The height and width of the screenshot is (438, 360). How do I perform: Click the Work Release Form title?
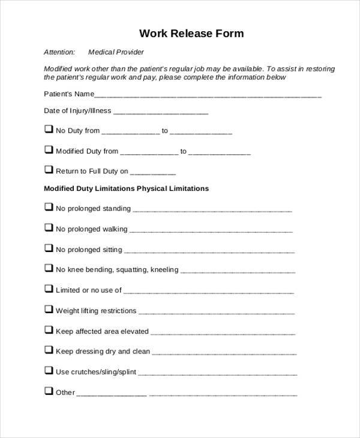pyautogui.click(x=192, y=33)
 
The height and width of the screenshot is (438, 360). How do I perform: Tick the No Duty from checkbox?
pyautogui.click(x=48, y=129)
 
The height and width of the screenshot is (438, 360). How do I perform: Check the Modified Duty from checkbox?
pyautogui.click(x=48, y=150)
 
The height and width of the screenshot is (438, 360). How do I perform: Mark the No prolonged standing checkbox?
pyautogui.click(x=48, y=207)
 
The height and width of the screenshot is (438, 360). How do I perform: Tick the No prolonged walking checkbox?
pyautogui.click(x=48, y=227)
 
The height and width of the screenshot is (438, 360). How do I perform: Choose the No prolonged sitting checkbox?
pyautogui.click(x=48, y=248)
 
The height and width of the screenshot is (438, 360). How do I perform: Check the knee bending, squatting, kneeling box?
pyautogui.click(x=48, y=268)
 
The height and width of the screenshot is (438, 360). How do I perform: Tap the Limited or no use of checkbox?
pyautogui.click(x=48, y=289)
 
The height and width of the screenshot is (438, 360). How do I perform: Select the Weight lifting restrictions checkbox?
pyautogui.click(x=48, y=310)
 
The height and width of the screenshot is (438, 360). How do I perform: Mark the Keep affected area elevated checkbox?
pyautogui.click(x=48, y=329)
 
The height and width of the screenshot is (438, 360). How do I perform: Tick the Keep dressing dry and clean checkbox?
pyautogui.click(x=48, y=350)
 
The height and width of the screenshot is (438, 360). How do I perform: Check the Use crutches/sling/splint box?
pyautogui.click(x=48, y=370)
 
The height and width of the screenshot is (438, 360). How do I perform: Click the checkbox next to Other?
pyautogui.click(x=48, y=391)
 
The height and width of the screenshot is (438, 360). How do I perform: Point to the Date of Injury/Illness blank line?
pyautogui.click(x=161, y=112)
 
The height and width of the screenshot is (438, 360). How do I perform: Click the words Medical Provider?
pyautogui.click(x=116, y=52)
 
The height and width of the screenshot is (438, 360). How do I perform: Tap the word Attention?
pyautogui.click(x=59, y=52)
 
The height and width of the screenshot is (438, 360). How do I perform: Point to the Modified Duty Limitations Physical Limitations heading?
pyautogui.click(x=126, y=188)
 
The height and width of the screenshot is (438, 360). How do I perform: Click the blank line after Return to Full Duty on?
pyautogui.click(x=153, y=173)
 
